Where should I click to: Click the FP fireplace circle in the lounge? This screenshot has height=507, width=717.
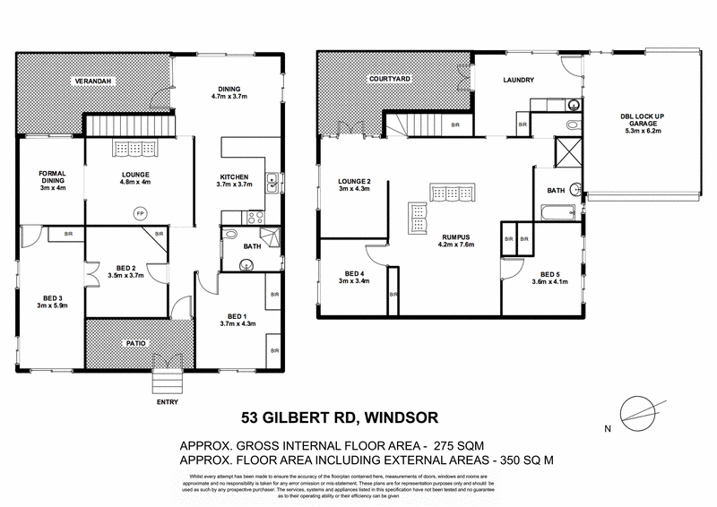pyautogui.click(x=139, y=213)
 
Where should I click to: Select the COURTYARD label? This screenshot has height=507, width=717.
pyautogui.click(x=390, y=80)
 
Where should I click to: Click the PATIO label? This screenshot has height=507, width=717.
pyautogui.click(x=135, y=342)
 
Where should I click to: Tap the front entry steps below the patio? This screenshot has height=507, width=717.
pyautogui.click(x=168, y=382)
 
